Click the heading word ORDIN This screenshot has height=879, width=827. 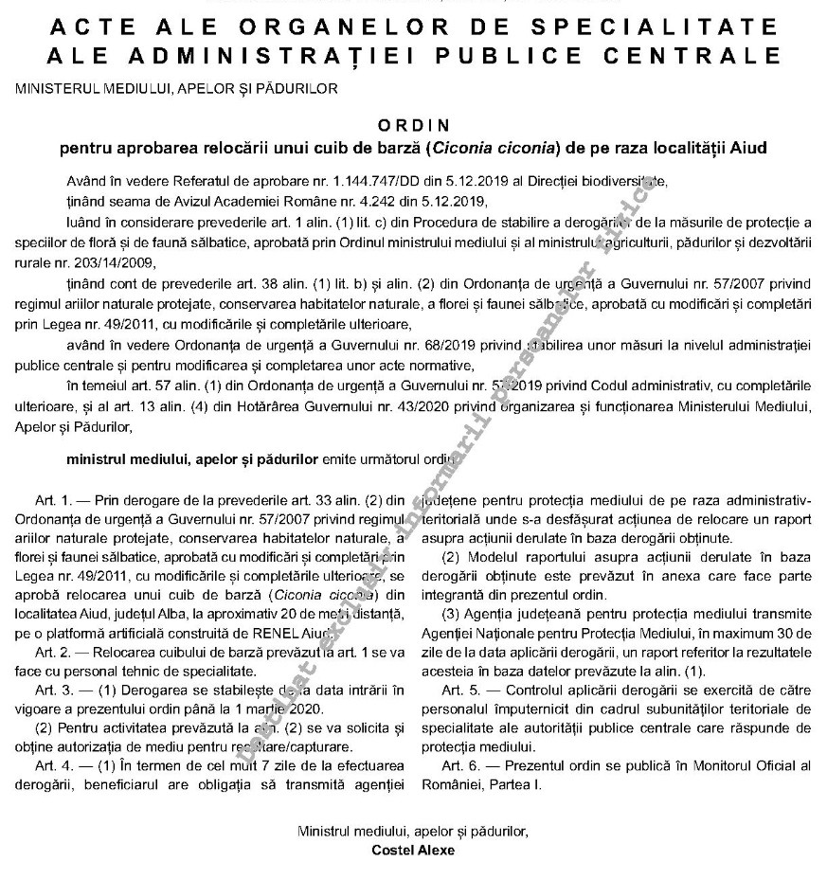pyautogui.click(x=413, y=124)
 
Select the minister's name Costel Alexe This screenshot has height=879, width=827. pyautogui.click(x=413, y=850)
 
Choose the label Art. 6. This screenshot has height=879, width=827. pyautogui.click(x=458, y=763)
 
